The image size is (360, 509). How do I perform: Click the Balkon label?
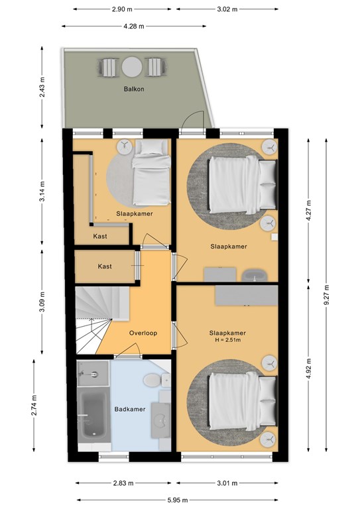pyautogui.click(x=134, y=89)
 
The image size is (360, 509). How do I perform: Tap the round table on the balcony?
pyautogui.click(x=132, y=67)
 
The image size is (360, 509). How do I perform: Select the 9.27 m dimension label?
pyautogui.click(x=326, y=294)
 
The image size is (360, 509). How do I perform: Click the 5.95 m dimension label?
pyautogui.click(x=178, y=500)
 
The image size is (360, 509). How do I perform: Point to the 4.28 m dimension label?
pyautogui.click(x=134, y=27)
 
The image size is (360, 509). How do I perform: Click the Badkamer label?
pyautogui.click(x=130, y=409)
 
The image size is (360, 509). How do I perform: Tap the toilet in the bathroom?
pyautogui.click(x=152, y=380)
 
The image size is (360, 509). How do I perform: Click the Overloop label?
pyautogui.click(x=143, y=333)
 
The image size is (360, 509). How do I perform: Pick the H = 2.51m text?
pyautogui.click(x=227, y=340)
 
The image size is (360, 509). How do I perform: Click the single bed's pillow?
pyautogui.click(x=152, y=147)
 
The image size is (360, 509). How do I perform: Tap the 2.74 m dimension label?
pyautogui.click(x=34, y=405)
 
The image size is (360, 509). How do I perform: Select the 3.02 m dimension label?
pyautogui.click(x=227, y=9)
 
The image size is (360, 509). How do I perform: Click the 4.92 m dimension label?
pyautogui.click(x=308, y=368)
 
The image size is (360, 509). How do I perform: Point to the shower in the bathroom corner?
pyautogui.click(x=93, y=374)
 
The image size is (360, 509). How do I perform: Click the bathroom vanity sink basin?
pyautogui.click(x=161, y=420)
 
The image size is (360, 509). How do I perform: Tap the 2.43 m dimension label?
pyautogui.click(x=42, y=87)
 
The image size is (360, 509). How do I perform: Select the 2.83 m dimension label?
pyautogui.click(x=123, y=483)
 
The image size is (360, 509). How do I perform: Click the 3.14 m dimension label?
pyautogui.click(x=42, y=191)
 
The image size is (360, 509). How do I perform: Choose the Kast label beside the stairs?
pyautogui.click(x=105, y=266)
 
